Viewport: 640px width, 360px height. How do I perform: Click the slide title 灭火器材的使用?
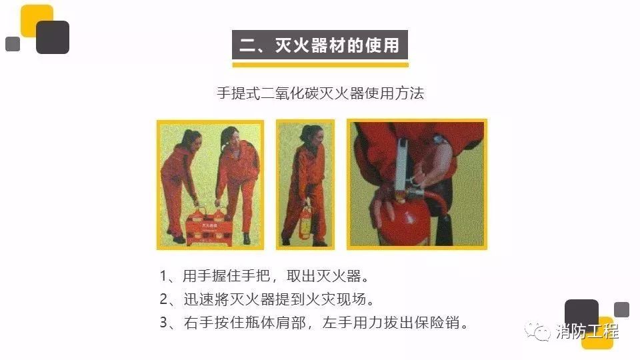tap(319, 45)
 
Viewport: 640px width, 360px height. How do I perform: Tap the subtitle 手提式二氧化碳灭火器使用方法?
tap(321, 93)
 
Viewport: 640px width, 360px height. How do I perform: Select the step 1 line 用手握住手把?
tap(265, 276)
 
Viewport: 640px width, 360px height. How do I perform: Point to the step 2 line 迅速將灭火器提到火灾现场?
tap(267, 299)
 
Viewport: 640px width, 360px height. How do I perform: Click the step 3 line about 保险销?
tap(314, 323)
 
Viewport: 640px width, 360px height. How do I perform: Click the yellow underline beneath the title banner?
tap(321, 65)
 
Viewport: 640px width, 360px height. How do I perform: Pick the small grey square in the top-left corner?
tap(13, 44)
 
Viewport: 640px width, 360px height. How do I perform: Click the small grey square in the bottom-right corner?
tap(621, 309)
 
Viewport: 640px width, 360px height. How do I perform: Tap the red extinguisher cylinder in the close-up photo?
tap(405, 221)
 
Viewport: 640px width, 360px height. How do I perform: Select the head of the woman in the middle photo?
tap(312, 134)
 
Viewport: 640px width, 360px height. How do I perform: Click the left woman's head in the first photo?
tap(191, 139)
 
